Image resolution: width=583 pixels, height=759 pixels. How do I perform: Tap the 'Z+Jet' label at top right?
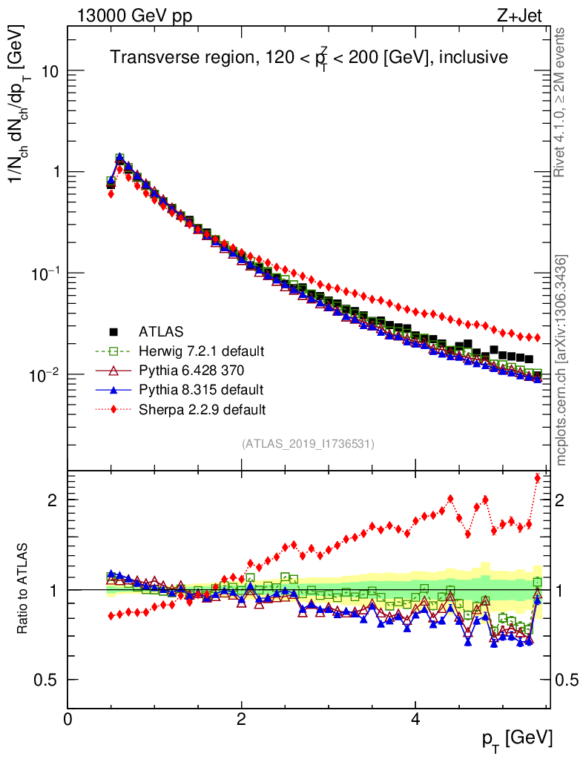(x=525, y=14)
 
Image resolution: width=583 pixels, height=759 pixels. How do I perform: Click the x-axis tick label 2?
(x=242, y=719)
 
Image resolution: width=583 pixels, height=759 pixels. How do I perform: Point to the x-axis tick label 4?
(x=415, y=719)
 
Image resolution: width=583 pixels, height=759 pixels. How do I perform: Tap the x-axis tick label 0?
(x=68, y=719)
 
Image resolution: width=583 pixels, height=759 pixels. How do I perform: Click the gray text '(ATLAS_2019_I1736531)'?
(x=308, y=444)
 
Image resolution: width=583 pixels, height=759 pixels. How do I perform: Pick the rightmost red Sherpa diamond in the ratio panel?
(x=537, y=478)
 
